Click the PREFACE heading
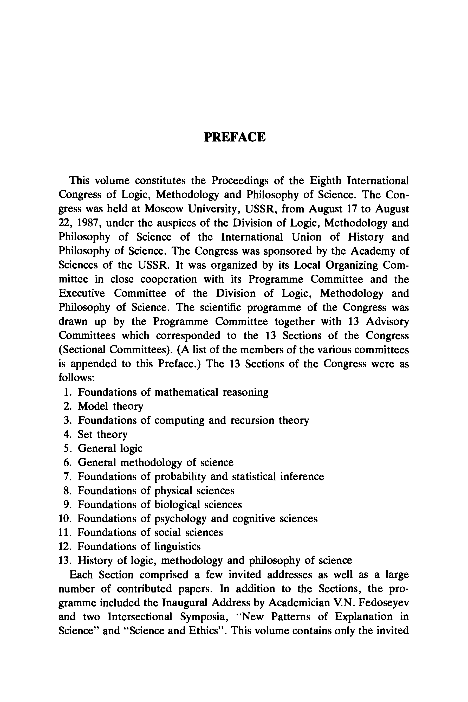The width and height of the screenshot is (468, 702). coord(235,137)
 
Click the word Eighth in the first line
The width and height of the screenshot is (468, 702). coord(325,181)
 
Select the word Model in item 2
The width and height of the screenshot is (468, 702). coord(92,406)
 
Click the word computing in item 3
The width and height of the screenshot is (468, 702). coord(179,420)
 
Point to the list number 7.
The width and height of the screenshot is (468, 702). coord(67,476)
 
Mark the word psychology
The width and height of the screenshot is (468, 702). coord(180,519)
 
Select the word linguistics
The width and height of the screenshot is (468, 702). coord(177,547)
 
